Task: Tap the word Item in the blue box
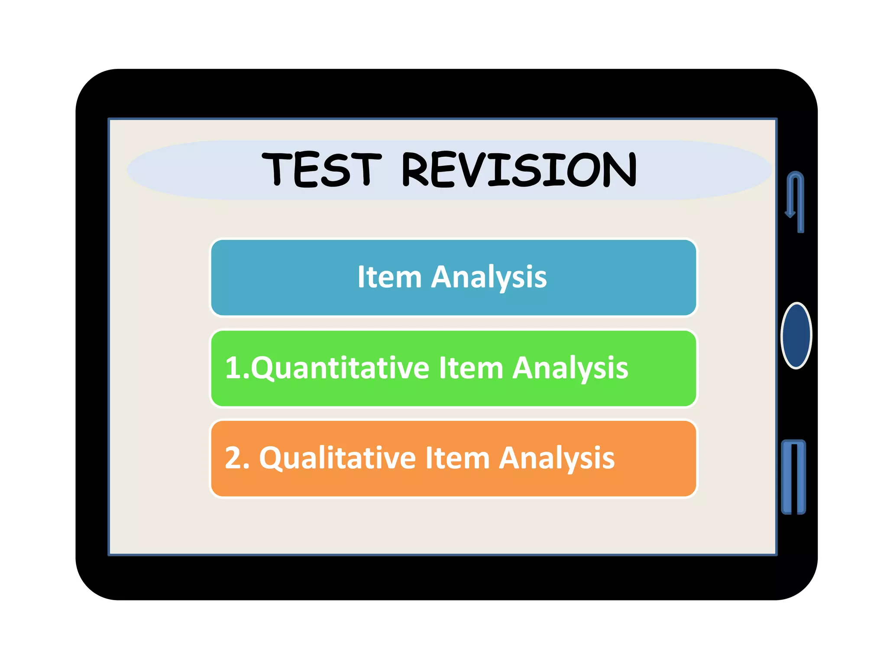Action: pyautogui.click(x=389, y=277)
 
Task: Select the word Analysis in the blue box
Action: pyautogui.click(x=489, y=278)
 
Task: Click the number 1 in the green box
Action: pyautogui.click(x=233, y=368)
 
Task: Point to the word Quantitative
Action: pyautogui.click(x=340, y=368)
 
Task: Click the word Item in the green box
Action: pyautogui.click(x=471, y=368)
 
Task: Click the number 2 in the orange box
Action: pyautogui.click(x=234, y=458)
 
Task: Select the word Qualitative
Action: pyautogui.click(x=337, y=458)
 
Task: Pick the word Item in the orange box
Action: pyautogui.click(x=457, y=458)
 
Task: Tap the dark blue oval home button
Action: pyautogui.click(x=796, y=336)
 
